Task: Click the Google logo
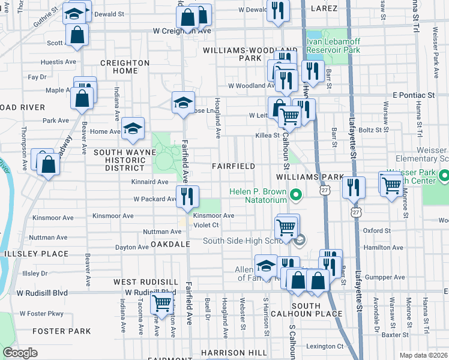coord(20,353)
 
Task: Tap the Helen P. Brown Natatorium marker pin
coord(295,196)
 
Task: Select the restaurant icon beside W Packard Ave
coord(187,196)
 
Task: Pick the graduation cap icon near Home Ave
coord(133,128)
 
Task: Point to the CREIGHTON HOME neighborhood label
coord(124,67)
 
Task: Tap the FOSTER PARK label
coord(61,331)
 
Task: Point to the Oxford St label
coord(377,230)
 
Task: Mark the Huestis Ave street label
coord(58,62)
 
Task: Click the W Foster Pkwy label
coord(41,313)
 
